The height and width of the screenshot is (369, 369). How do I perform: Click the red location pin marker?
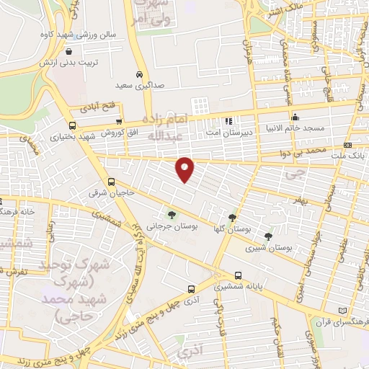click(185, 169)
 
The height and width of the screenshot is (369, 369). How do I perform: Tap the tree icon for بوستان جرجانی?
click(172, 214)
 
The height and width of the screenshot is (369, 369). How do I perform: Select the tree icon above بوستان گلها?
click(232, 217)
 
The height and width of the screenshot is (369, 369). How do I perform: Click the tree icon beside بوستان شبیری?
click(268, 236)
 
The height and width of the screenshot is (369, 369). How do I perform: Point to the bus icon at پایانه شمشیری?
click(238, 275)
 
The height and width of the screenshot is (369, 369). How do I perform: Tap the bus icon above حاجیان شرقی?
click(111, 182)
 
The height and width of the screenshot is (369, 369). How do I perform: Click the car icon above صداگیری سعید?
click(138, 74)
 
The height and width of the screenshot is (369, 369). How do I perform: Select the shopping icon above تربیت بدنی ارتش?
click(68, 52)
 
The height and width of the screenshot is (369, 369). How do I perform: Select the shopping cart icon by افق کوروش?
click(120, 122)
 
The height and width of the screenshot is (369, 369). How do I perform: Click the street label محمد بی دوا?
click(299, 154)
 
